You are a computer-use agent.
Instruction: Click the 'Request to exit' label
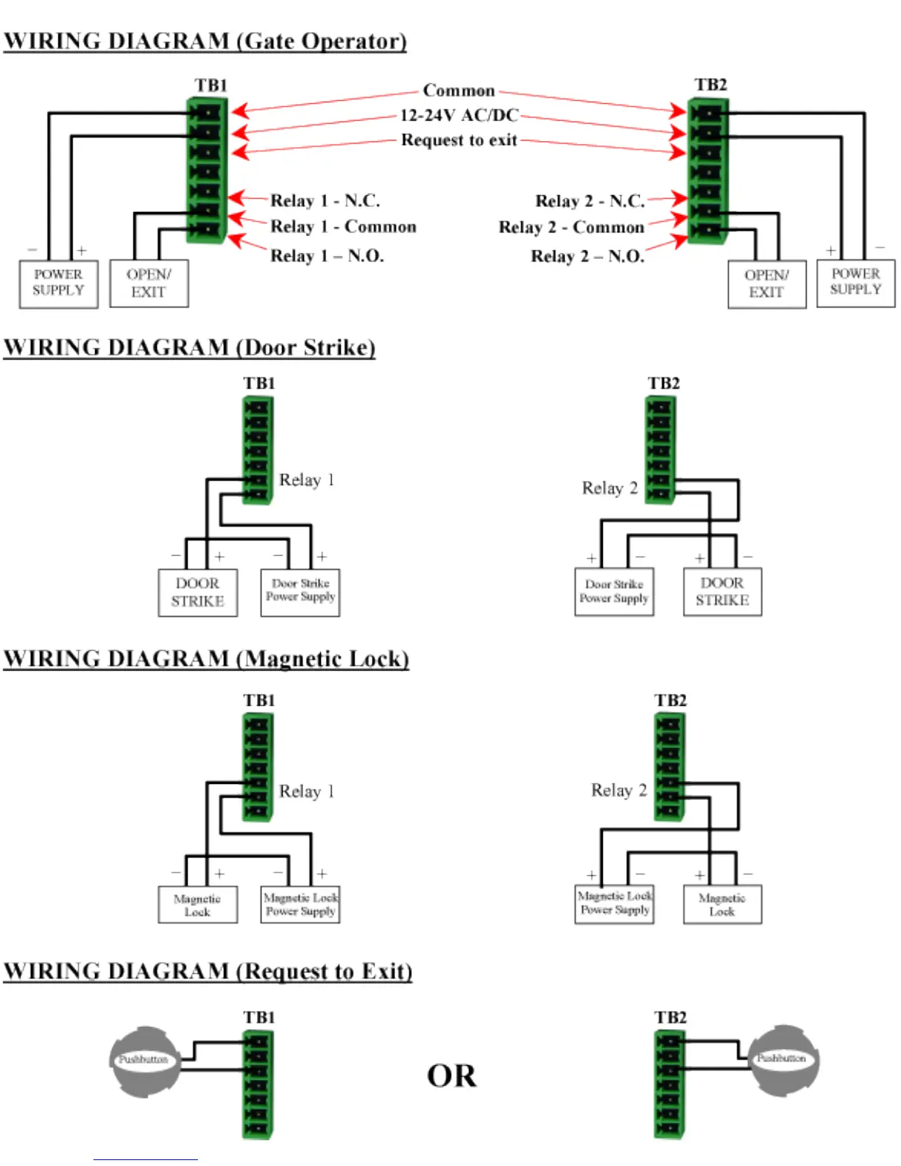coord(459,140)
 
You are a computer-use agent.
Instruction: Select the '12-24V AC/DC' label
coord(459,116)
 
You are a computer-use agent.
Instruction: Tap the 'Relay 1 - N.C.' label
coord(325,200)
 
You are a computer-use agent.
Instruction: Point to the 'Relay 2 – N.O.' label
coord(587,256)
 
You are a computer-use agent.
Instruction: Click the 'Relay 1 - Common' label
coord(343,227)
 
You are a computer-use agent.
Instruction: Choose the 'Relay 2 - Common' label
coord(571,227)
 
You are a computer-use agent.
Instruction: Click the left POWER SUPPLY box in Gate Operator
coord(58,283)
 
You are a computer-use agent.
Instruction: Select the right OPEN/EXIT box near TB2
coord(766,283)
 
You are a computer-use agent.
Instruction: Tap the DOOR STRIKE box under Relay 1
coord(197,592)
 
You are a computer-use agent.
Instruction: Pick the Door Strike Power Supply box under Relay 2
coord(614,591)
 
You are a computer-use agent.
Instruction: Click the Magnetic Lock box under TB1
coord(197,905)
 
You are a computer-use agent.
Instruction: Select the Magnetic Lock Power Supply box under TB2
coord(615,903)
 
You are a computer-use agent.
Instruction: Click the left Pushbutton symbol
coord(144,1060)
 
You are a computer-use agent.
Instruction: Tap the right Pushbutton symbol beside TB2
coord(782,1059)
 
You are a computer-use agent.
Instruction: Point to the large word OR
coord(451,1076)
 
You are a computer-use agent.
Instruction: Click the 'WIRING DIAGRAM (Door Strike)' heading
coord(189,347)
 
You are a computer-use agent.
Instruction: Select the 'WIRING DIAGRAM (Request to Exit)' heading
coord(208,971)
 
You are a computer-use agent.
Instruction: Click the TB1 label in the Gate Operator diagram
coord(211,85)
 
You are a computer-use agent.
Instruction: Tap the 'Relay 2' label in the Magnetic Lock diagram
coord(619,791)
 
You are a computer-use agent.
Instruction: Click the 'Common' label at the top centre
coord(459,91)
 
